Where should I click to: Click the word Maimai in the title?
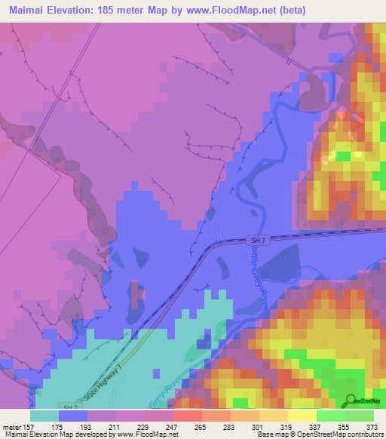coord(26,11)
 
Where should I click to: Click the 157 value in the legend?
coord(30,426)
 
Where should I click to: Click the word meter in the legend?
coord(11,426)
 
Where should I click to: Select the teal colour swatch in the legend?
coord(44,415)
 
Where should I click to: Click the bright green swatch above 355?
coord(331,415)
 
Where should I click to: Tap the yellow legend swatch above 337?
coord(302,415)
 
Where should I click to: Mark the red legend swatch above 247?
coord(188,415)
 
